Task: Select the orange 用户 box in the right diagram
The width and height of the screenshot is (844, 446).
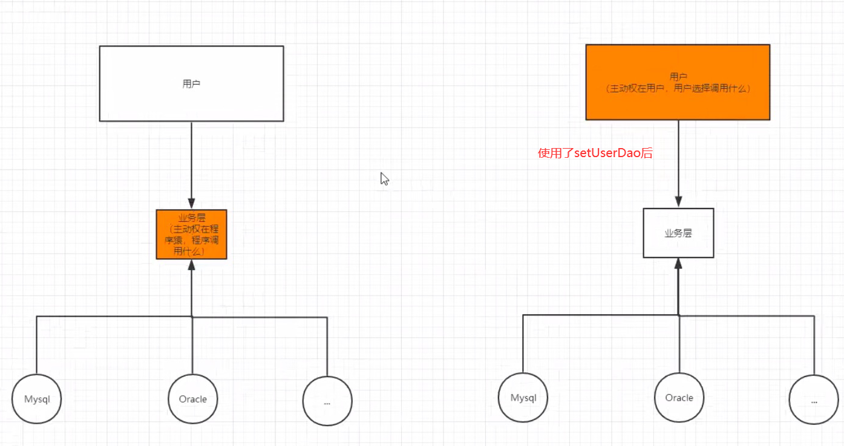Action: (x=678, y=82)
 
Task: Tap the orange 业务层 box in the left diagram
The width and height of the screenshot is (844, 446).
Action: (x=191, y=234)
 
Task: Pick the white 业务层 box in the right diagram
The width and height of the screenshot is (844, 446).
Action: (x=678, y=233)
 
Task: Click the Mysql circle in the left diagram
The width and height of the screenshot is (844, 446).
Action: (x=36, y=399)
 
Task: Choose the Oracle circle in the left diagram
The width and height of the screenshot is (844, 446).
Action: (x=192, y=399)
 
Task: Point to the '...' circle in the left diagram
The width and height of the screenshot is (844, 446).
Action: (x=327, y=400)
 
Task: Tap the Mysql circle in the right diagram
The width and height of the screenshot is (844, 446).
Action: (x=523, y=398)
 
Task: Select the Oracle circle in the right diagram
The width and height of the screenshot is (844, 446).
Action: (x=679, y=398)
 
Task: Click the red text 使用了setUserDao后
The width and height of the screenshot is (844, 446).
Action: (x=595, y=154)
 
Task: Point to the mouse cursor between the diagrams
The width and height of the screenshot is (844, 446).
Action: (x=384, y=179)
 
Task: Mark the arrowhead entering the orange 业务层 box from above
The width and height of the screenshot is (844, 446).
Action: (x=191, y=204)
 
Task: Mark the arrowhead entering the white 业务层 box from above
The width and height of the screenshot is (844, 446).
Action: (x=678, y=202)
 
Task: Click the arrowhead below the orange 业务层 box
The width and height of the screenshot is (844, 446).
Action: (x=191, y=265)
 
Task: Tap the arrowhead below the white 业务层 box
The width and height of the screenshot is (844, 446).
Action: (x=678, y=264)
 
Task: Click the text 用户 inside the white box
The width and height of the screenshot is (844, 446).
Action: (x=191, y=84)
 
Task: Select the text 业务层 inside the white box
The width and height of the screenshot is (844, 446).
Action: (x=678, y=233)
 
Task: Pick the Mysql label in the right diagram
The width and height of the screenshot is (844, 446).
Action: (x=523, y=398)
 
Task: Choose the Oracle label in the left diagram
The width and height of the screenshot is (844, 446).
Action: (x=192, y=399)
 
